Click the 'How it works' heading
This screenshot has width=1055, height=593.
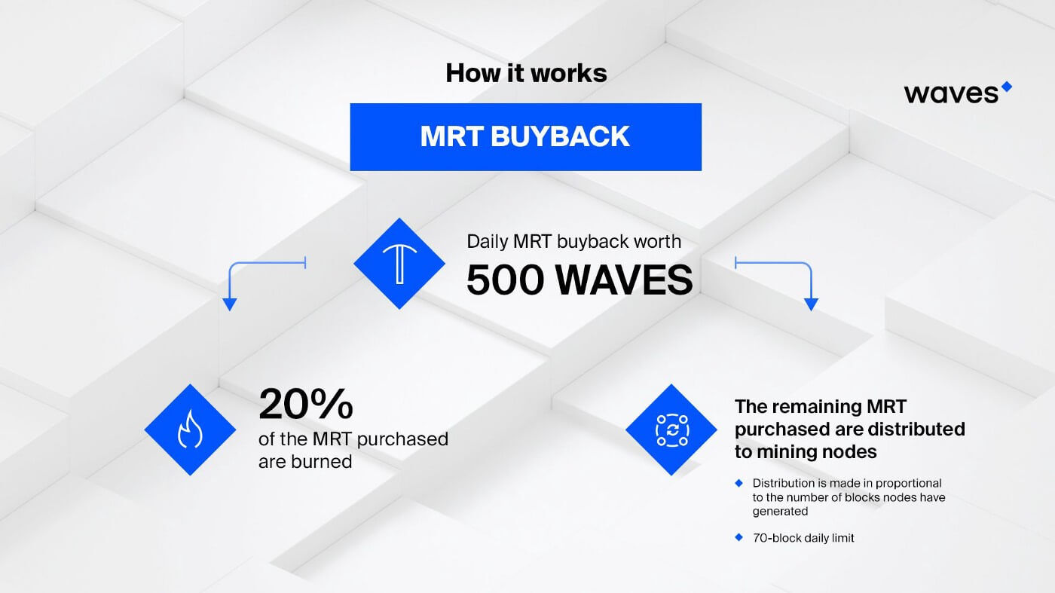[526, 73]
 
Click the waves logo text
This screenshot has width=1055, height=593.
[951, 93]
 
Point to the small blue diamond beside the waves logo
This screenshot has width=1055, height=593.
[1006, 87]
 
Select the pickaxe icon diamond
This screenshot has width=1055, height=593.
[399, 264]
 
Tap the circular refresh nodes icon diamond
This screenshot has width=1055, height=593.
[671, 429]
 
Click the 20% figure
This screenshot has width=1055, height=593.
[305, 405]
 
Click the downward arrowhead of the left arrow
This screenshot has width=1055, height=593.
[230, 304]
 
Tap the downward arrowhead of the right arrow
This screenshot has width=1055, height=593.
[811, 304]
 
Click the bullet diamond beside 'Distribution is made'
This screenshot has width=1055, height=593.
[738, 482]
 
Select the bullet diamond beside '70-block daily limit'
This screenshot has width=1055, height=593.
[738, 537]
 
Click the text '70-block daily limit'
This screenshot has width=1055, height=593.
[803, 538]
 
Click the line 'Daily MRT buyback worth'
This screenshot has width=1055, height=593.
[574, 242]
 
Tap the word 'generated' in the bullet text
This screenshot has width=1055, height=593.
[780, 511]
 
